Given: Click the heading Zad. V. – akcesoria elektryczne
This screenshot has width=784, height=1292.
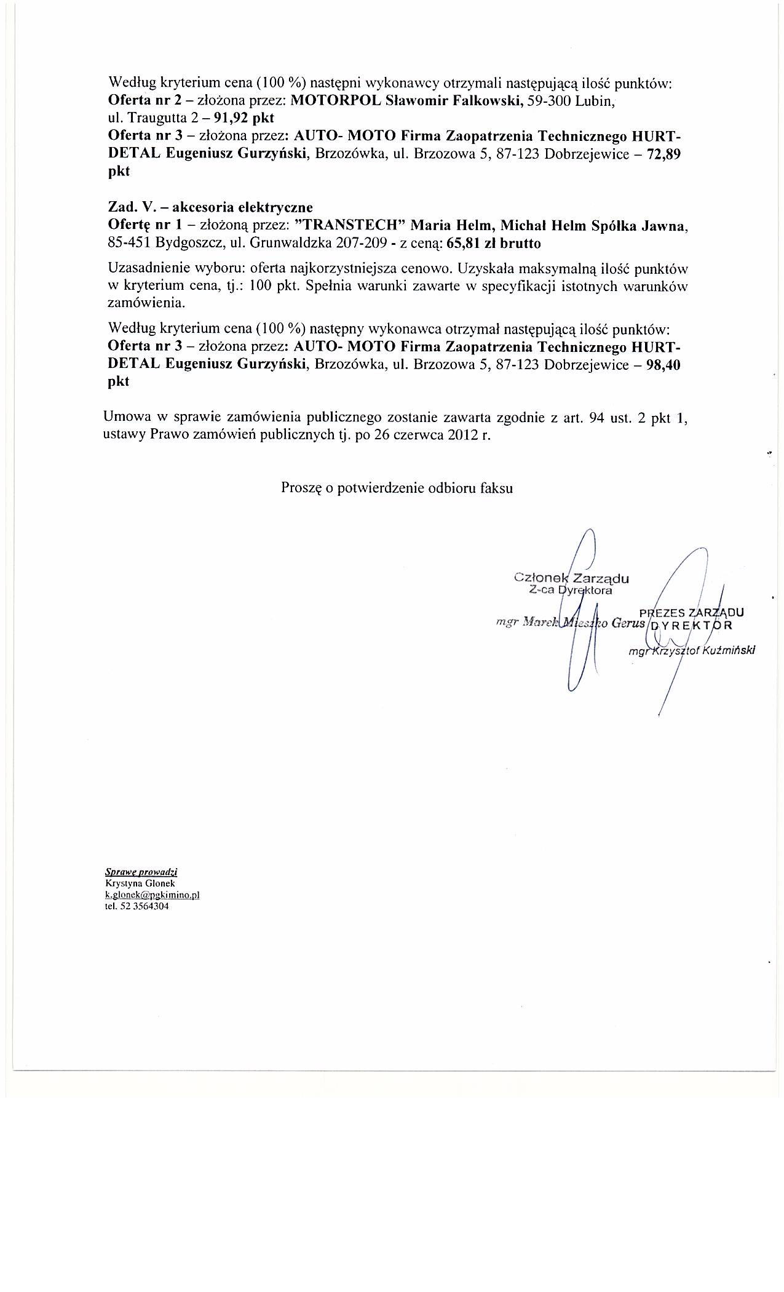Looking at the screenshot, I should (210, 207).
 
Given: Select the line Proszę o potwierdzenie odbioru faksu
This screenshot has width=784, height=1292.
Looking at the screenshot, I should (397, 488).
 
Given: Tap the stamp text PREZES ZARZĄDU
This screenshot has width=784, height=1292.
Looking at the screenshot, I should (692, 613).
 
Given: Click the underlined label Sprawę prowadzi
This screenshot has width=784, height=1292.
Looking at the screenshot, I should (141, 872).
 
